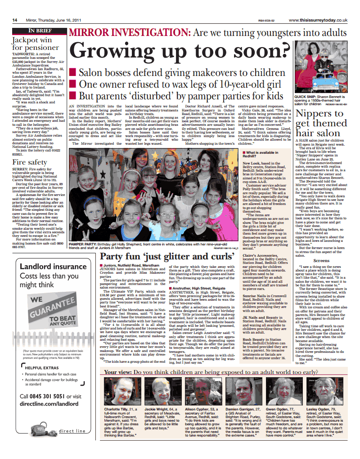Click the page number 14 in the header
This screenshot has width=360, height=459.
[x=14, y=20]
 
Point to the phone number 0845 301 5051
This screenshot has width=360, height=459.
[x=44, y=397]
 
